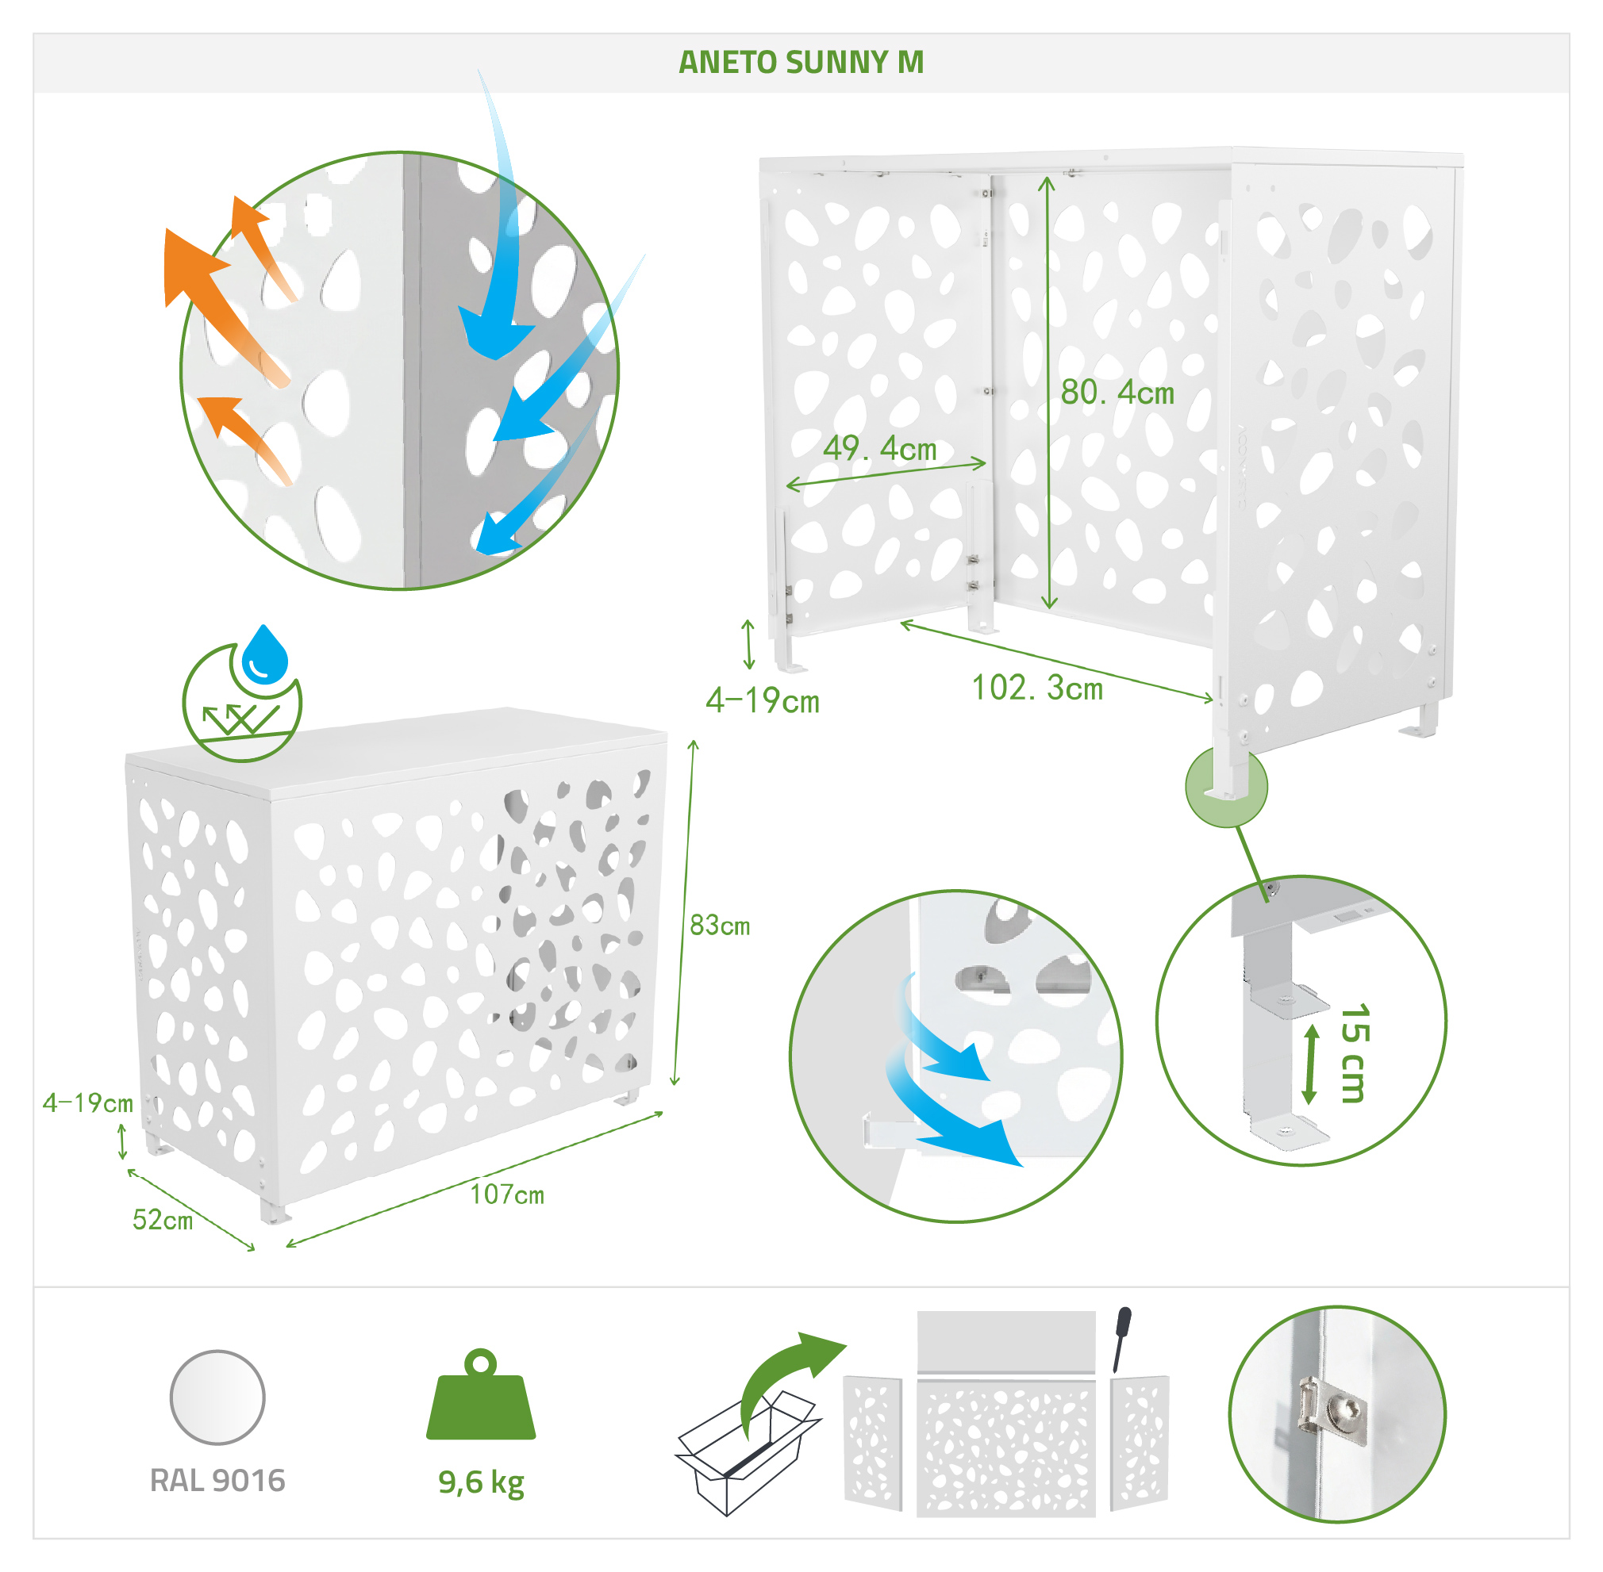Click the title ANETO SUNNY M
pos(800,62)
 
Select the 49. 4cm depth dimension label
pos(879,448)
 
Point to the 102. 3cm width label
pos(1036,688)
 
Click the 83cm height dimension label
pos(719,926)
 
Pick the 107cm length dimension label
pos(507,1194)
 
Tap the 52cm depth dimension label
pos(163,1220)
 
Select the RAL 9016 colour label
pos(217,1480)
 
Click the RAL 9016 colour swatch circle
pos(217,1397)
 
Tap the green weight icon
pos(481,1394)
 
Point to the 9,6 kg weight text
pos(481,1483)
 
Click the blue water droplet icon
pos(264,654)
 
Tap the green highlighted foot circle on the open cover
pos(1225,786)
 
